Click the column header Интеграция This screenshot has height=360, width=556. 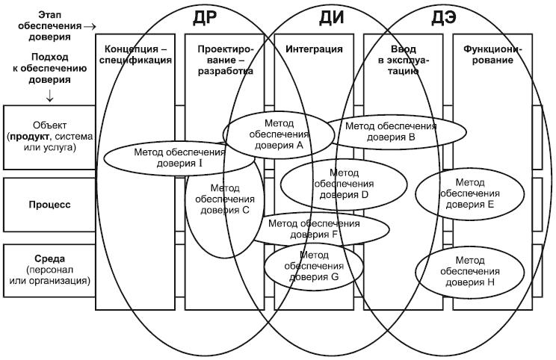pos(315,49)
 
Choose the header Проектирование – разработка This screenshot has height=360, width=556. pos(226,60)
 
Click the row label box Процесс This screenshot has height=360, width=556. pos(50,203)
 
